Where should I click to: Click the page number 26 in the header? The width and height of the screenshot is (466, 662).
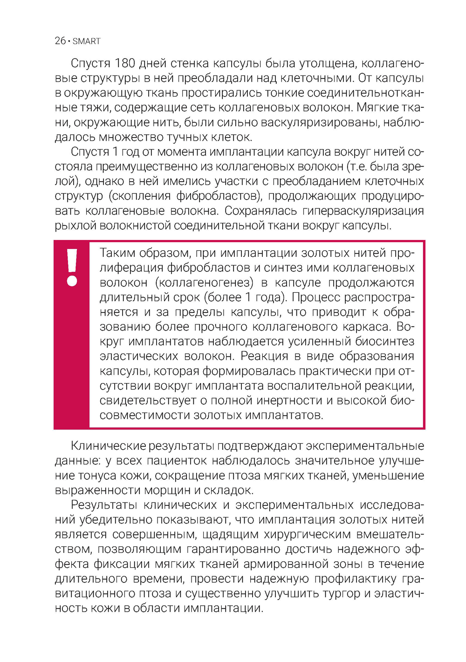click(60, 41)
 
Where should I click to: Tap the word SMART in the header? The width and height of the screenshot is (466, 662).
click(87, 41)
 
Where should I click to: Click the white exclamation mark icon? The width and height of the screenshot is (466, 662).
click(72, 267)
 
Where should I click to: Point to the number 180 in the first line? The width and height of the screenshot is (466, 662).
click(125, 63)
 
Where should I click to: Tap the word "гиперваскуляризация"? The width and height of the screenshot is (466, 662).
click(363, 211)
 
